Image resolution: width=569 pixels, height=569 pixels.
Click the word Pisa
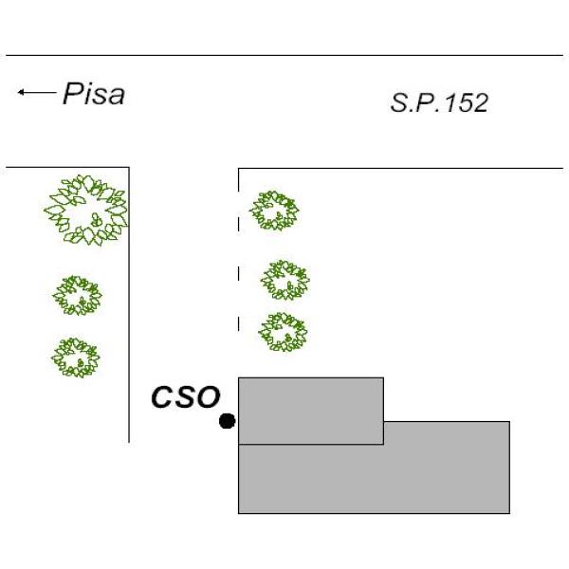tap(94, 94)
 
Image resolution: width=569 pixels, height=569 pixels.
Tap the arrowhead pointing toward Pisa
tap(21, 92)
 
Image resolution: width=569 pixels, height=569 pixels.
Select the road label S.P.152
tap(439, 102)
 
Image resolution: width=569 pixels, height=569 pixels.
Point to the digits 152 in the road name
tap(467, 102)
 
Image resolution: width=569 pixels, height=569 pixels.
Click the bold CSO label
tap(186, 396)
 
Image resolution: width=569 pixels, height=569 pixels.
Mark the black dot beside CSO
tap(228, 421)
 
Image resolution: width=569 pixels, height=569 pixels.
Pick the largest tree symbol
tap(86, 210)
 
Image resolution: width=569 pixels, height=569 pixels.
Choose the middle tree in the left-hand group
tap(78, 295)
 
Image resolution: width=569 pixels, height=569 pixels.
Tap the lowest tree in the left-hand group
tap(76, 358)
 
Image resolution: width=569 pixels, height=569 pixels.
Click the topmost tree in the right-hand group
tap(274, 211)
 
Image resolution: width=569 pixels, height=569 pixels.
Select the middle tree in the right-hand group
tap(284, 280)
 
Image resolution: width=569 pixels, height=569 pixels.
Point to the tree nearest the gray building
tap(283, 332)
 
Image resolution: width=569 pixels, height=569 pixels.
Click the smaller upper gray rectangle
tap(311, 411)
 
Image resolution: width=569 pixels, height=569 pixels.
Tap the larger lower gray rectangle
tap(374, 478)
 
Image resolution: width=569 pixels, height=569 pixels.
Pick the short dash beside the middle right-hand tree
tap(238, 274)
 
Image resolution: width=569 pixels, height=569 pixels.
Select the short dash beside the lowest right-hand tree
tap(238, 323)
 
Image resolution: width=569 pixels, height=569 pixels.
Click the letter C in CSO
tap(162, 396)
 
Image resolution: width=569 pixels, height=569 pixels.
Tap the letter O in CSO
tap(209, 396)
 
